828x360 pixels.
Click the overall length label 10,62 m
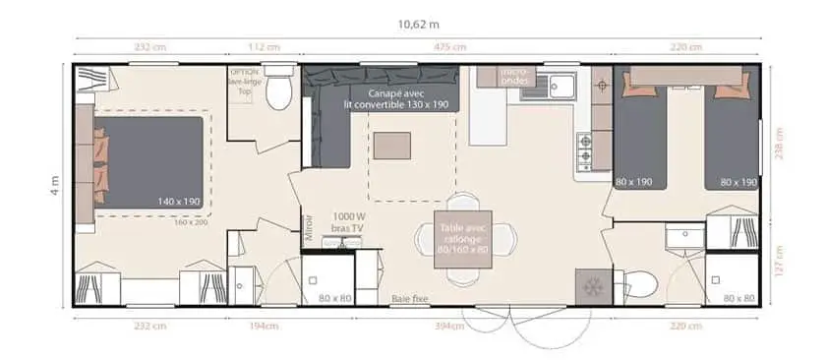416,23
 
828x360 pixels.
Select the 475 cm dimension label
455,47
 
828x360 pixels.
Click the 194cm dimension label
264,325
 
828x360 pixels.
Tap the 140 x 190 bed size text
178,202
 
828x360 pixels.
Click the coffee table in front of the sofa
393,145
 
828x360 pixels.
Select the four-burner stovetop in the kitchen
585,149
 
